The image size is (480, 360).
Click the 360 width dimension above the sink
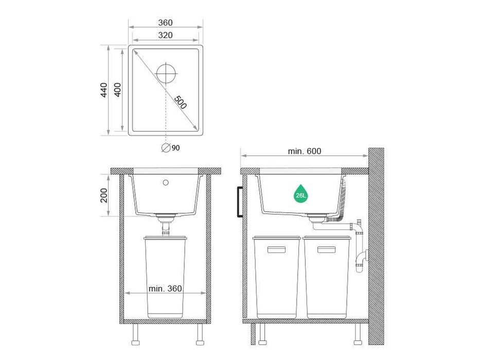pos(165,23)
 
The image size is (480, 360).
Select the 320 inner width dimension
pos(165,35)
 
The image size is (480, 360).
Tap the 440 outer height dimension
pos(104,90)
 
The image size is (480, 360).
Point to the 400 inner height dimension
pos(117,90)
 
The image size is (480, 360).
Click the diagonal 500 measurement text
pos(180,102)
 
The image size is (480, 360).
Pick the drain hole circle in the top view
pos(166,74)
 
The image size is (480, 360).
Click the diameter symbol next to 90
pos(166,148)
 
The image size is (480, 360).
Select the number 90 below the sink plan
pos(176,148)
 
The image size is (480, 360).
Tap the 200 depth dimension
pos(104,195)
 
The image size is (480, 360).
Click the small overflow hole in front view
pos(166,183)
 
